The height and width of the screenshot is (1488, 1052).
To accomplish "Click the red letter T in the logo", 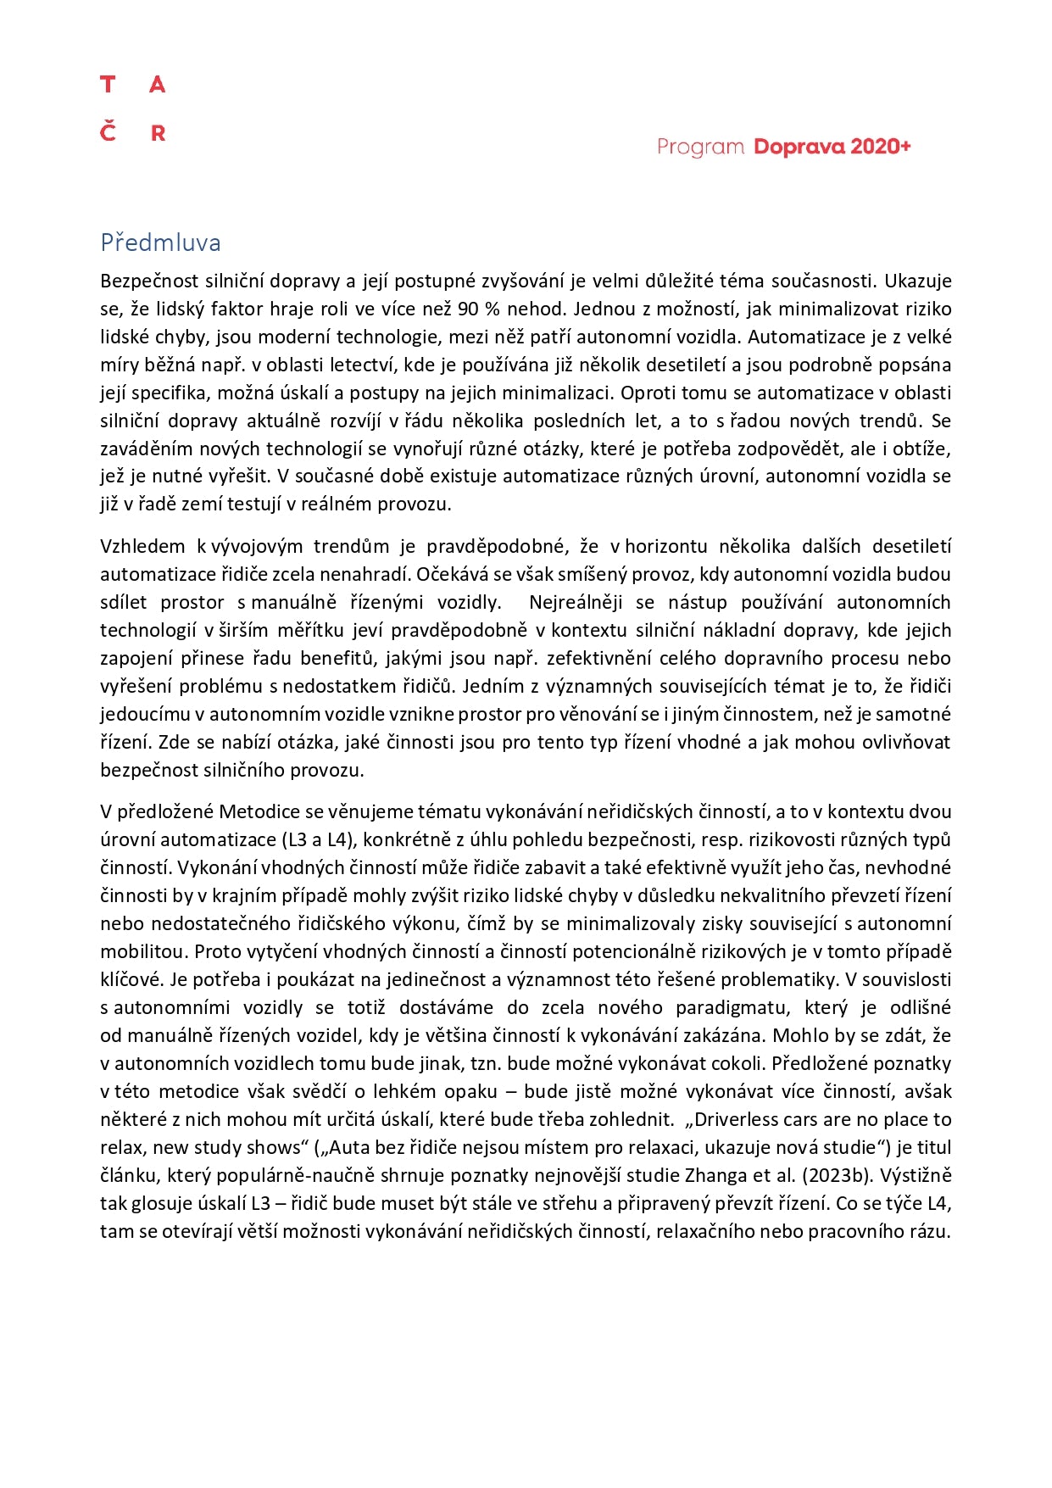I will (x=108, y=84).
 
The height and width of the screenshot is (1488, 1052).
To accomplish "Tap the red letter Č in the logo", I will (x=108, y=131).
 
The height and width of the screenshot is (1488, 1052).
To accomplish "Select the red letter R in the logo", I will (x=158, y=133).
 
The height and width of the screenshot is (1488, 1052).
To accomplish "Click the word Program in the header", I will (x=700, y=148).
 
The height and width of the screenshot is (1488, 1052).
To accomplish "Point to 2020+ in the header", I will (x=881, y=147).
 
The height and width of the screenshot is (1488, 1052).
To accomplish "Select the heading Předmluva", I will (x=160, y=242).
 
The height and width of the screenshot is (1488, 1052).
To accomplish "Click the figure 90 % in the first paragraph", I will (x=479, y=309).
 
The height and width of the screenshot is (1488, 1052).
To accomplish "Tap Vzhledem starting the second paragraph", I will (x=142, y=546).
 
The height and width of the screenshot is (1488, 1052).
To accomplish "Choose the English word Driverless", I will (x=738, y=1119).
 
